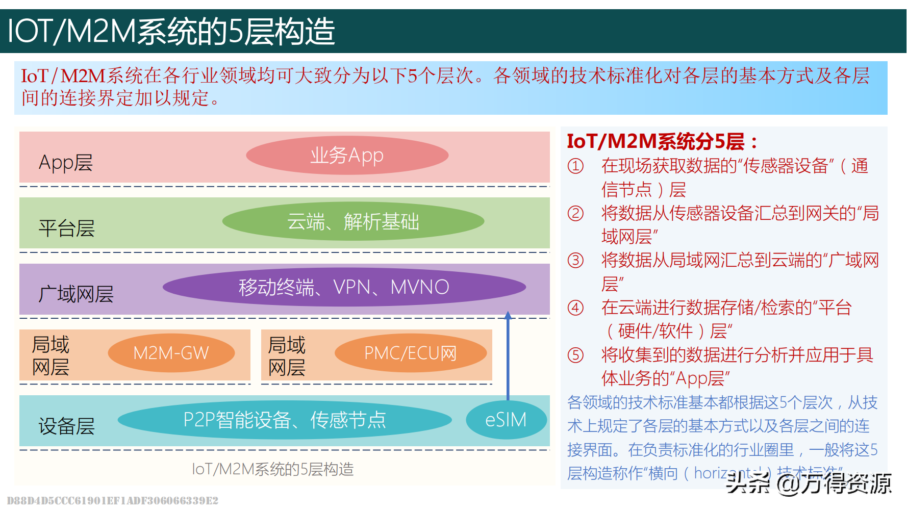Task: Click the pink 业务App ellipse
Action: [347, 156]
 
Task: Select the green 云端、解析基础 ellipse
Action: [353, 221]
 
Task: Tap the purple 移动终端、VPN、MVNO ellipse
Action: [344, 287]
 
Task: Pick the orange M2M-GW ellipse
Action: [171, 353]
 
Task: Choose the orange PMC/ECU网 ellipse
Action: [410, 353]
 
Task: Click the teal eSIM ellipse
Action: [506, 420]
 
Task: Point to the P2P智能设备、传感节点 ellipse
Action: [285, 420]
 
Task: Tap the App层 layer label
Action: [66, 163]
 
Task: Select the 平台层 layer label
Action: [67, 228]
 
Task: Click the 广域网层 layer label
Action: [76, 294]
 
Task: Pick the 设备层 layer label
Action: [67, 426]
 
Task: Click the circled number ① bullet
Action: [575, 166]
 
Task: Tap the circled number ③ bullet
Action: [575, 261]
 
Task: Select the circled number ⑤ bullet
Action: [575, 355]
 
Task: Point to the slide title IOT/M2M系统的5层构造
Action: [171, 31]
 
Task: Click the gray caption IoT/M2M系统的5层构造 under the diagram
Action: [272, 469]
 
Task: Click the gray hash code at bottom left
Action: [112, 501]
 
